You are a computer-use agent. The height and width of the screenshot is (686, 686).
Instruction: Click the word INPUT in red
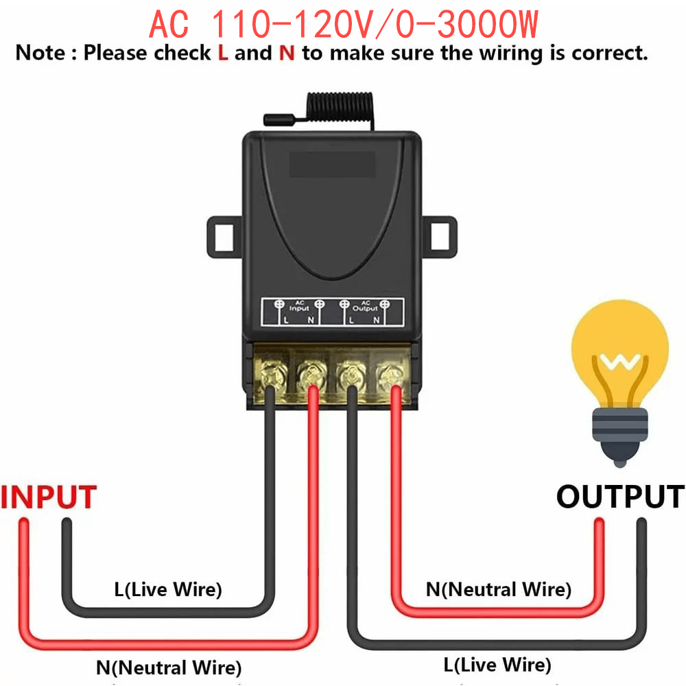pos(49,497)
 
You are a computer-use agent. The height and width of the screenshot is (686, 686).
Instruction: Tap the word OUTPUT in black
pos(619,497)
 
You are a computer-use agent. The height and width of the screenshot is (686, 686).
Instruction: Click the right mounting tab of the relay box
pos(440,237)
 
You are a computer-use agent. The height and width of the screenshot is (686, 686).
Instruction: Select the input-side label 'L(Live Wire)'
pos(168,589)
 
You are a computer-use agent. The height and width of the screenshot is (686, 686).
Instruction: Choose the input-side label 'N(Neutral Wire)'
pos(168,667)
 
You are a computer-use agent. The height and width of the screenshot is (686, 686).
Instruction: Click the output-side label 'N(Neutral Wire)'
pos(498,589)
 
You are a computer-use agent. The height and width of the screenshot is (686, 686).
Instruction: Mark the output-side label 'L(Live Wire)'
pos(497,664)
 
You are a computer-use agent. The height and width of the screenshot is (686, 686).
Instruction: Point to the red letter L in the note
pos(222,54)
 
